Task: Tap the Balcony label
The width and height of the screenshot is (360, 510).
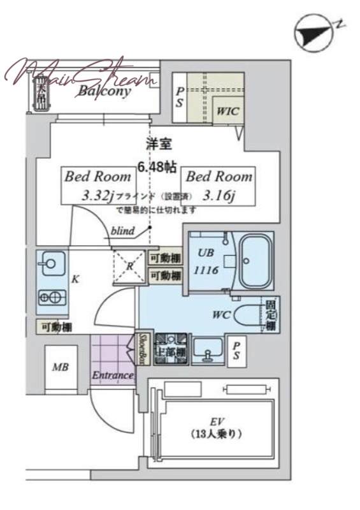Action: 104,91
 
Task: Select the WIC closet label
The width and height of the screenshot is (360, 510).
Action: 226,111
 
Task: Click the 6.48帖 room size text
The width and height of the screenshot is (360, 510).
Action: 157,168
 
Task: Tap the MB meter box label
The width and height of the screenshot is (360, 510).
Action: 61,367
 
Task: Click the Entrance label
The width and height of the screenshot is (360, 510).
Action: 112,375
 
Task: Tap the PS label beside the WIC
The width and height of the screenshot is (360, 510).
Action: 181,96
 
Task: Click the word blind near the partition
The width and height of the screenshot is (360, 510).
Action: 122,231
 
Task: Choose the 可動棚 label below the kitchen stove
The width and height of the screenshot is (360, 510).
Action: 57,327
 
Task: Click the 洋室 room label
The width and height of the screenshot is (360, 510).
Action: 157,145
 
